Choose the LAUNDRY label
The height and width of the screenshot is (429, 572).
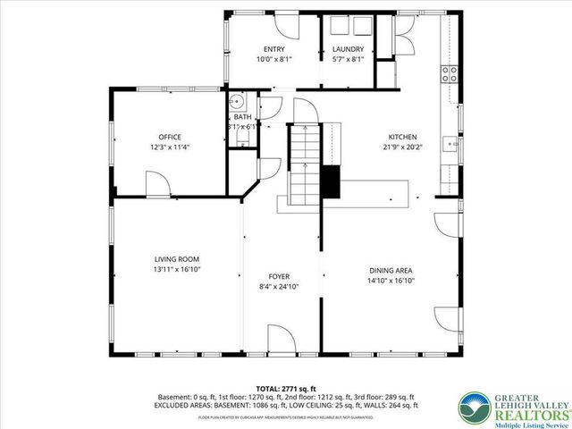(348, 49)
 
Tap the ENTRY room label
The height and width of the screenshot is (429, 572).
(274, 49)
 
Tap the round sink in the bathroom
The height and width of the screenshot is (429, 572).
(236, 101)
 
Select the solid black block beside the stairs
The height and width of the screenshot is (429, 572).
(332, 181)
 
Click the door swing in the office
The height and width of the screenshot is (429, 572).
(156, 185)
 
